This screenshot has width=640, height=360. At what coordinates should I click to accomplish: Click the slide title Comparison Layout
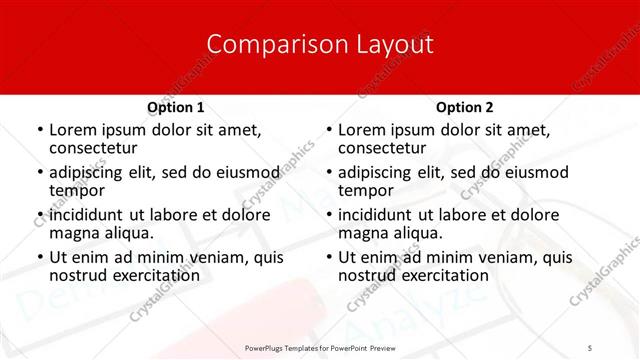320,45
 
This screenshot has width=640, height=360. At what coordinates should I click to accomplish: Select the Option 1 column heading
176,107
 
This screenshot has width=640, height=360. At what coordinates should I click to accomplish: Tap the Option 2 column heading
465,107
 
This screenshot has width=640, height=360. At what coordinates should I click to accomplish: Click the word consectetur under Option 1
92,149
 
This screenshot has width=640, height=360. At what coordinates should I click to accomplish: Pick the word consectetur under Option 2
381,149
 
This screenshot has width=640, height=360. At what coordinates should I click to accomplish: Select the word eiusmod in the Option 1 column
245,172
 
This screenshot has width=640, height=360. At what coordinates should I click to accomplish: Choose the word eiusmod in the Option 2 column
534,172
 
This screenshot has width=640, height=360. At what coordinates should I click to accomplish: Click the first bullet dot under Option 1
39,130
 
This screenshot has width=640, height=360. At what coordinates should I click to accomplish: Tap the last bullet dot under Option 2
328,257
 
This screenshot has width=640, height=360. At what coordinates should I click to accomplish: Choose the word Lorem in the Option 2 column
362,130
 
